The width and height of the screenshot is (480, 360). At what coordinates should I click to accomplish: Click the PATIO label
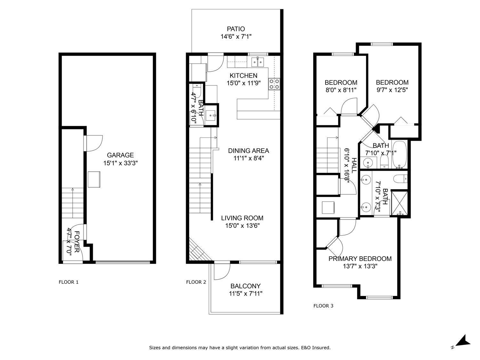(x=236, y=29)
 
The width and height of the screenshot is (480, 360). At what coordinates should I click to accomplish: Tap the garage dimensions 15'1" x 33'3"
(x=120, y=163)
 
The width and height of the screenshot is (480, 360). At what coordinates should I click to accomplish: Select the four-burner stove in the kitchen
(x=274, y=84)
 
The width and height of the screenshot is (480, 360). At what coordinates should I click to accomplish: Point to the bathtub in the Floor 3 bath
(x=399, y=155)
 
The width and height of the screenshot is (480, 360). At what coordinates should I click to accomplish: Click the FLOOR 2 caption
(x=196, y=282)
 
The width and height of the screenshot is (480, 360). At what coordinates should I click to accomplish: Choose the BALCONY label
(x=245, y=286)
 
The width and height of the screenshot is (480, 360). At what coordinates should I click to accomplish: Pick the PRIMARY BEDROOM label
(x=360, y=259)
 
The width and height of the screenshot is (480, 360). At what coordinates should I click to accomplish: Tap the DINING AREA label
(x=248, y=151)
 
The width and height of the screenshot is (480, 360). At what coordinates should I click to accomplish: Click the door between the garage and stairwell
(x=93, y=143)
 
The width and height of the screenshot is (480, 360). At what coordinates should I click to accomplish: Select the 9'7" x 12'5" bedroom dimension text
(x=392, y=90)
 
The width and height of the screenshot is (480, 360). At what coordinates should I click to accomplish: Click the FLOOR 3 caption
(x=323, y=306)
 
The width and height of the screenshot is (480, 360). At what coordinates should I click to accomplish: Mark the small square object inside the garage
(x=94, y=180)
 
